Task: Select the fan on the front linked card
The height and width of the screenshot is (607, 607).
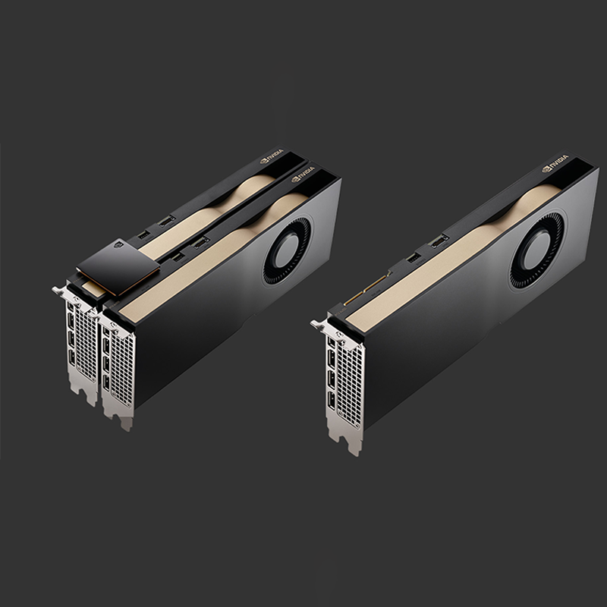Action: tap(287, 250)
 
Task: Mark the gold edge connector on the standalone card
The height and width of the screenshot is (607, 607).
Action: tap(367, 288)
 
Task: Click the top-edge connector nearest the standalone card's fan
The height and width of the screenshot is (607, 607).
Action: tap(438, 241)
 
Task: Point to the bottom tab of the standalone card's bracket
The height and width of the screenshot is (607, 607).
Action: tap(353, 443)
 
